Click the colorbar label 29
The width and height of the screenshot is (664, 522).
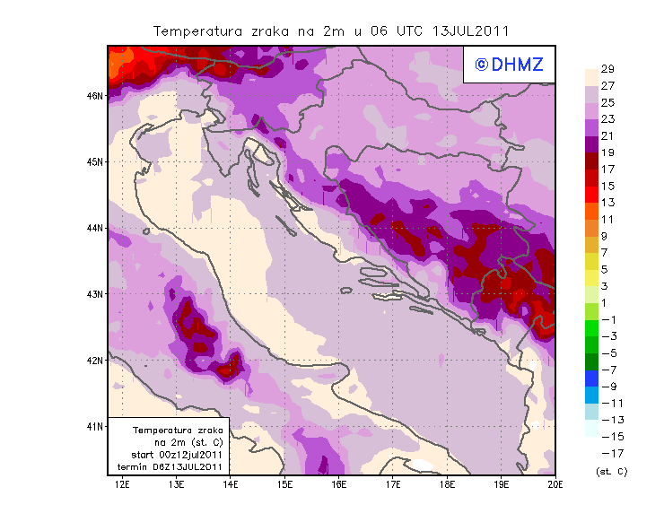[x=607, y=69]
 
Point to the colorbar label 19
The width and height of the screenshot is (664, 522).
[x=607, y=152]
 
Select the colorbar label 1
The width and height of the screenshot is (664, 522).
[x=606, y=302]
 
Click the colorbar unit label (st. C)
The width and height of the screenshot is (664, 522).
[x=611, y=471]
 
